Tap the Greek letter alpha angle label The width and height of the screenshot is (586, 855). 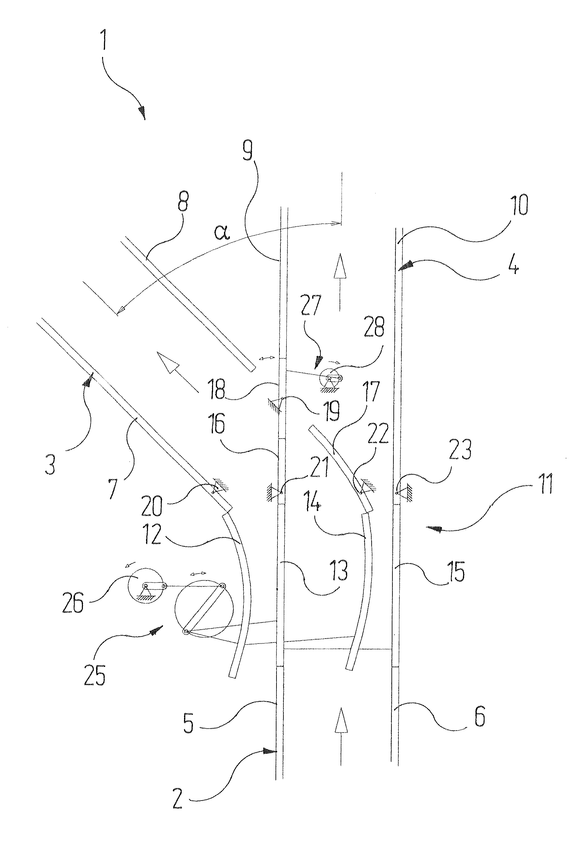[222, 232]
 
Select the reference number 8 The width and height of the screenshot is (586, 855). [183, 201]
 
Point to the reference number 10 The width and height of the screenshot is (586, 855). [520, 205]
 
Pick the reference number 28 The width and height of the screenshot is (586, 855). [374, 326]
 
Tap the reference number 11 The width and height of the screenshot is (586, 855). [545, 484]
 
